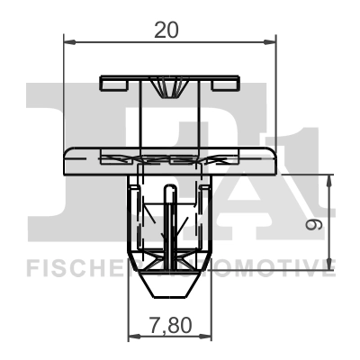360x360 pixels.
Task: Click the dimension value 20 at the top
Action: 166,29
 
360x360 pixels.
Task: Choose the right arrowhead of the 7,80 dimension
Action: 204,336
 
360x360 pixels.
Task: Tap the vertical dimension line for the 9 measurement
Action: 331,220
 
